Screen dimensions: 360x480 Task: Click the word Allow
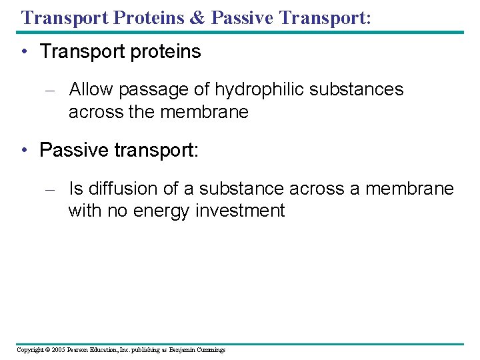[91, 89]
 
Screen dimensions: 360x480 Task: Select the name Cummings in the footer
[211, 350]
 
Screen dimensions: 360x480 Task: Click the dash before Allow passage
[55, 90]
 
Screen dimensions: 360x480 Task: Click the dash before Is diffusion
[55, 190]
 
